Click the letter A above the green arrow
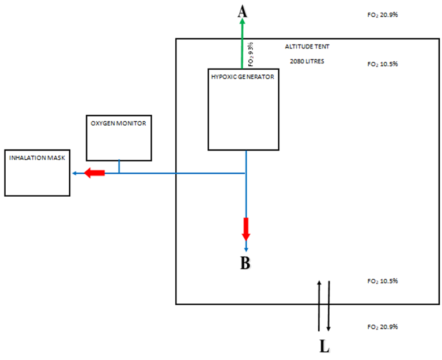[243, 12]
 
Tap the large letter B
[245, 263]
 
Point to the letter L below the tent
[324, 346]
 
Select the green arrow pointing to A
[242, 43]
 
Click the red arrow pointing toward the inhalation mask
[95, 172]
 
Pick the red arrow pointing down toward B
[246, 229]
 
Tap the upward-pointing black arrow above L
[319, 306]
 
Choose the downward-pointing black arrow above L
[328, 306]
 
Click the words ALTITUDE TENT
[307, 47]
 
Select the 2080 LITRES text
[307, 61]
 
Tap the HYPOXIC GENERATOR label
[243, 77]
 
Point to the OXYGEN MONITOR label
[118, 123]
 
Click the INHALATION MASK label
[37, 157]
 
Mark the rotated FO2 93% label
[251, 54]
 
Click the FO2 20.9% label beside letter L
[383, 327]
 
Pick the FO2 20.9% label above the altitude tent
[383, 15]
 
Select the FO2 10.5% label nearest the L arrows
[383, 282]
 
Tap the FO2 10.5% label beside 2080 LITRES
[383, 64]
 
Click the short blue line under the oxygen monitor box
[119, 167]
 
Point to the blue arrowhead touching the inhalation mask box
[74, 173]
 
